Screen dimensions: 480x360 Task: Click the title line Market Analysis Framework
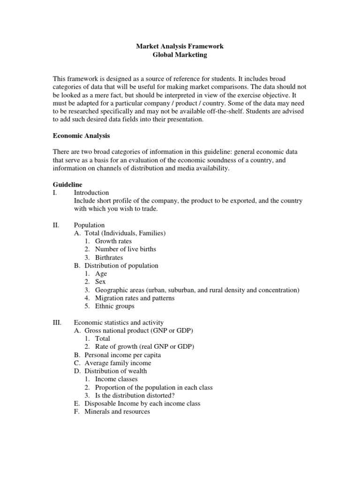click(180, 46)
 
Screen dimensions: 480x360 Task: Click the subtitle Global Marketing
click(180, 55)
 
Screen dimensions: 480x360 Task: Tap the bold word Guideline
click(68, 185)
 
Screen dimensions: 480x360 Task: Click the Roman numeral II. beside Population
click(57, 225)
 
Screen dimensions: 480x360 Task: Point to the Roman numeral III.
click(58, 322)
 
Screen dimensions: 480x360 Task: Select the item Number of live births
click(125, 249)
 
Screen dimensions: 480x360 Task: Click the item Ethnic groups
click(114, 306)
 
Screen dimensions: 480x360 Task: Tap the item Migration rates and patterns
click(135, 298)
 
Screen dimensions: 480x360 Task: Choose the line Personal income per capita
click(122, 355)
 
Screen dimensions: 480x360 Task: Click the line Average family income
click(118, 363)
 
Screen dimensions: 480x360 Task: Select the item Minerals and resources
click(117, 412)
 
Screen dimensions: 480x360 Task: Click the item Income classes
click(116, 379)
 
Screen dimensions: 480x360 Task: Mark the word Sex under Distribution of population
click(100, 282)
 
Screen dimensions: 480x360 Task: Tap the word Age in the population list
click(101, 274)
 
